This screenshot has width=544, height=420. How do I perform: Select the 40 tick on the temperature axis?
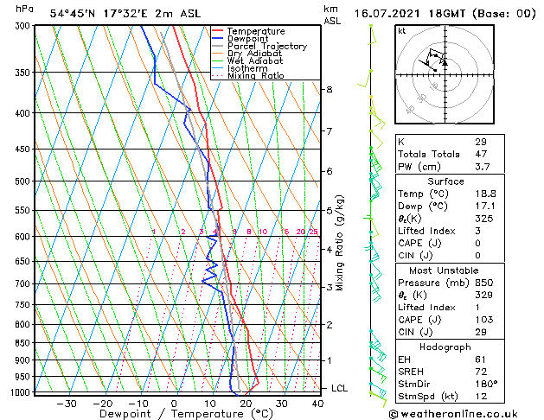tap(317, 403)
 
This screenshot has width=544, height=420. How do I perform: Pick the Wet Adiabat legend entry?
tap(255, 61)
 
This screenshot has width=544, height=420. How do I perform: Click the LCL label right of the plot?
tap(340, 388)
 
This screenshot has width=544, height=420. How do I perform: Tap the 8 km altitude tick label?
tap(330, 90)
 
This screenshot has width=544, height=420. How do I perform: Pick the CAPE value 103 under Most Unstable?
tap(483, 321)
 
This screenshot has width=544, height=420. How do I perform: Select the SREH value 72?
tap(481, 372)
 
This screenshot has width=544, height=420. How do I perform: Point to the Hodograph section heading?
tap(445, 347)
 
